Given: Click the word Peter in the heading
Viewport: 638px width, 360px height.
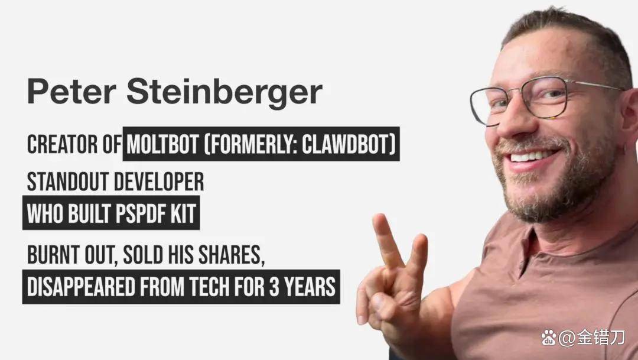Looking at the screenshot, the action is click(x=72, y=91).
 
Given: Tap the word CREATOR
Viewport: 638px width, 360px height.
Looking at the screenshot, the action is click(x=63, y=145).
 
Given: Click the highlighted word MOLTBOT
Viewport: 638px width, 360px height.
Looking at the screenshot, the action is click(x=163, y=145).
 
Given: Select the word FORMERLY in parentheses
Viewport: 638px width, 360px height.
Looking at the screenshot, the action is click(x=250, y=145).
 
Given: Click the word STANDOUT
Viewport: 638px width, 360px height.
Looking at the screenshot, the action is click(x=68, y=181).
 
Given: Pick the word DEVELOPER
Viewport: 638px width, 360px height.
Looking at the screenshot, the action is click(x=159, y=181).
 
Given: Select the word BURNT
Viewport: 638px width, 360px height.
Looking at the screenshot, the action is click(x=53, y=255).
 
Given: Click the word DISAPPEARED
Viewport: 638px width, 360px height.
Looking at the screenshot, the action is click(x=81, y=287).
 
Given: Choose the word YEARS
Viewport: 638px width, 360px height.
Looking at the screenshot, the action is click(x=310, y=287).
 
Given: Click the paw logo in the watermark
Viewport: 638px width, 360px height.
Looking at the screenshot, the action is click(x=548, y=337).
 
